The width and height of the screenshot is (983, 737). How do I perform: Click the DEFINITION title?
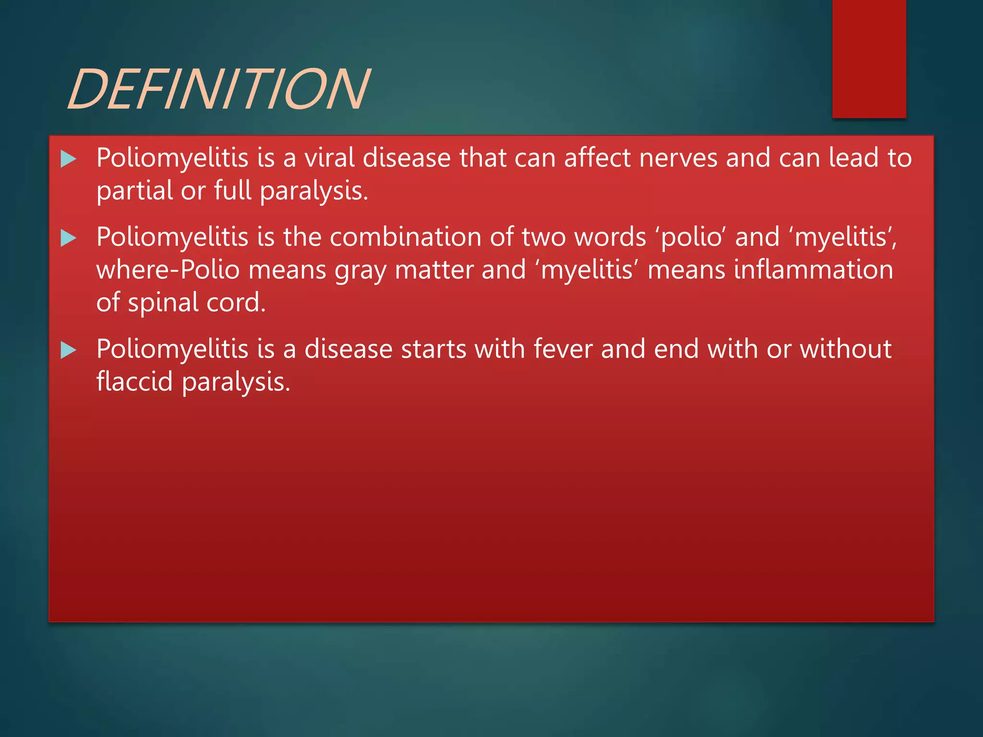[x=219, y=89]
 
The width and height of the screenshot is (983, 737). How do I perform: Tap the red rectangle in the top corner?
[x=869, y=59]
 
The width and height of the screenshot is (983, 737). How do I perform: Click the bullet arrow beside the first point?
[x=69, y=159]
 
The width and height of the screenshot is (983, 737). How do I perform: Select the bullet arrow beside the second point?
[x=69, y=238]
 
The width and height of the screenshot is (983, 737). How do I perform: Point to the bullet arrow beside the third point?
[x=69, y=350]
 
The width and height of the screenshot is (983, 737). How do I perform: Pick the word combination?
[x=405, y=237]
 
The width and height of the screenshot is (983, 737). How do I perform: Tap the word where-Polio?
[x=168, y=270]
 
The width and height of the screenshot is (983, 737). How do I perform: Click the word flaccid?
[x=134, y=382]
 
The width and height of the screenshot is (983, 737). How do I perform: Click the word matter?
[x=434, y=270]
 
